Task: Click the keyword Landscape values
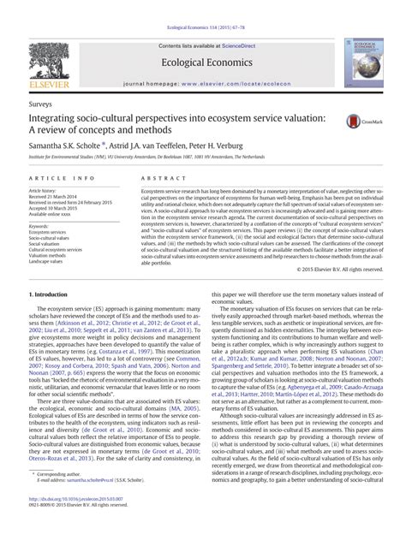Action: [50, 261]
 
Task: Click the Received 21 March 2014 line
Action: [57, 199]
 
